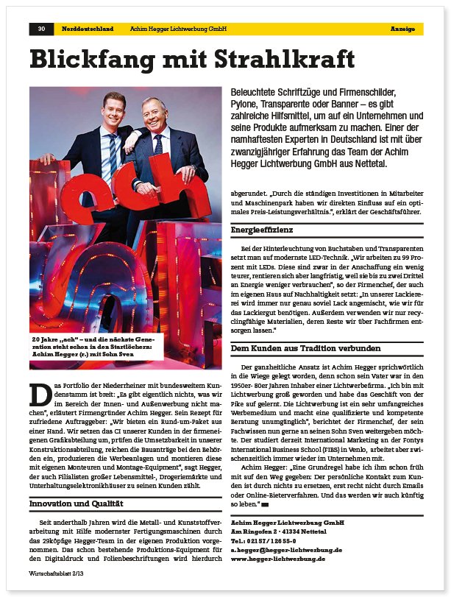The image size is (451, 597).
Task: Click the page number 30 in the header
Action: [41, 29]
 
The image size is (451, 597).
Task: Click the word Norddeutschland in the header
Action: [87, 29]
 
